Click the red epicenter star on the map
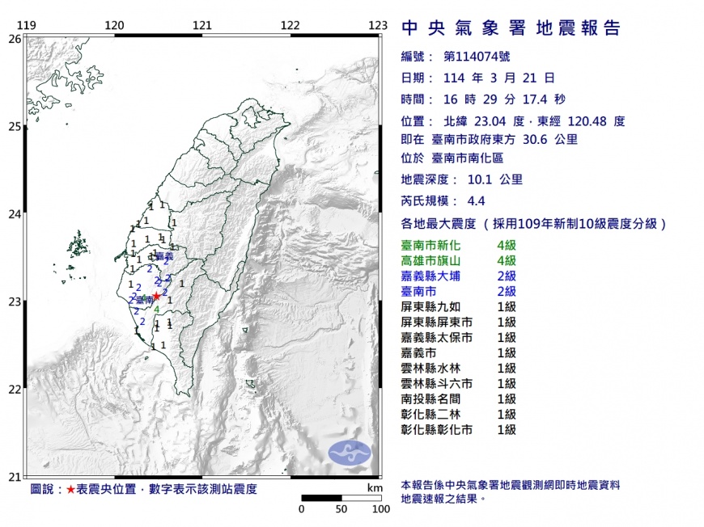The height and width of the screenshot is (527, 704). click(157, 297)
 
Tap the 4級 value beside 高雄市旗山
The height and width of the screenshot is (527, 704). click(506, 260)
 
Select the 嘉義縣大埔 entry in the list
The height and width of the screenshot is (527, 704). click(435, 276)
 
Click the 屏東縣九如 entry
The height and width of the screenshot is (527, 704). click(435, 307)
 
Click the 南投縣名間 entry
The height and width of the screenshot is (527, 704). click(435, 399)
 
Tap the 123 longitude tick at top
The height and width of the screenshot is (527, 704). click(377, 25)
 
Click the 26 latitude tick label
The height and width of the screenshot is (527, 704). click(15, 38)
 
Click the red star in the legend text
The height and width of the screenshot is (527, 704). click(71, 490)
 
